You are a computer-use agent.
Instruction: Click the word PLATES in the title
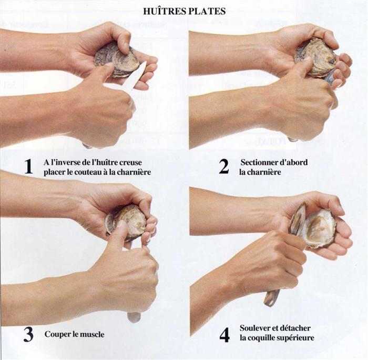pyautogui.click(x=206, y=11)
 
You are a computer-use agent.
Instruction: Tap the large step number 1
pyautogui.click(x=28, y=167)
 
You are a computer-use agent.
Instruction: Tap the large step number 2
pyautogui.click(x=223, y=166)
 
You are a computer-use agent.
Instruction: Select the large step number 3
pyautogui.click(x=28, y=335)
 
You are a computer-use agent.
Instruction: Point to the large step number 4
pyautogui.click(x=224, y=335)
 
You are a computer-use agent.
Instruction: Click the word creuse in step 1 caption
pyautogui.click(x=130, y=163)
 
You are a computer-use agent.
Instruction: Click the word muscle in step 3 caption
pyautogui.click(x=93, y=334)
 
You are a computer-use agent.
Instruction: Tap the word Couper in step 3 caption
pyautogui.click(x=55, y=335)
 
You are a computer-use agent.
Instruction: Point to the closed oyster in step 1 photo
pyautogui.click(x=117, y=60)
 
